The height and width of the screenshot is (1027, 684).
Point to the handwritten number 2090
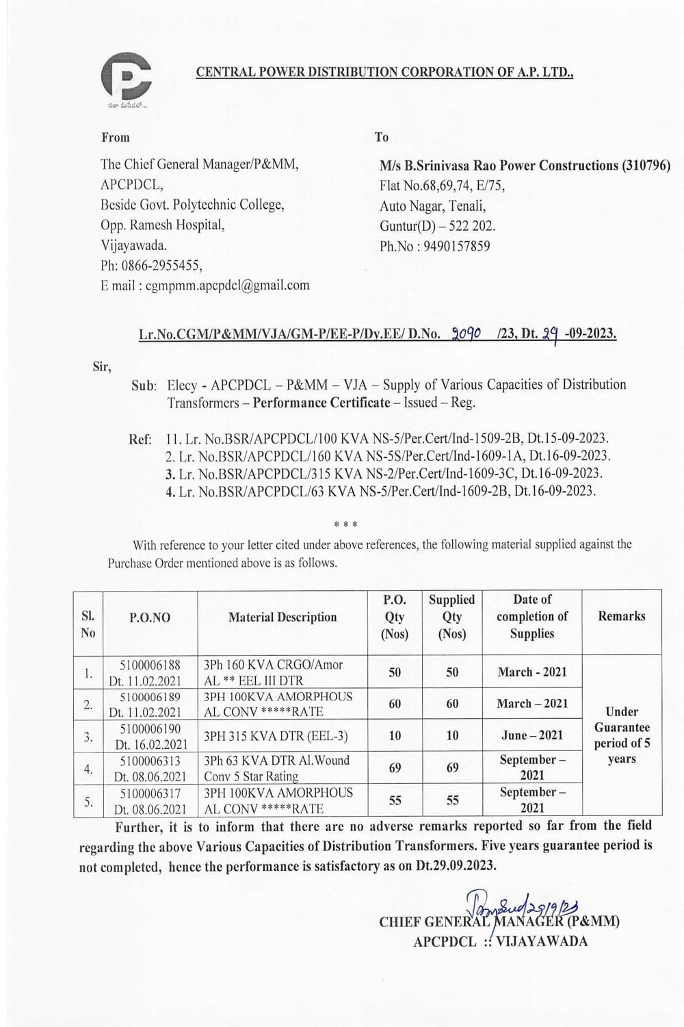click(x=467, y=333)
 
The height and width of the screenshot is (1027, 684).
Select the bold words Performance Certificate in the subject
click(x=321, y=403)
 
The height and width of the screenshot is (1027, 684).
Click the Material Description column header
click(x=282, y=617)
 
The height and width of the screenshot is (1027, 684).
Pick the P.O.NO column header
click(x=150, y=617)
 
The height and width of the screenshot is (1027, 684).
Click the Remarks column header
click(x=621, y=616)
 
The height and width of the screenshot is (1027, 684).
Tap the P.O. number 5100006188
click(x=150, y=664)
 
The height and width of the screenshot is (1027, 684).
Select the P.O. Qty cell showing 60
click(x=395, y=704)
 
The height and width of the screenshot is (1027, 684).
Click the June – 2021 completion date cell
click(x=532, y=735)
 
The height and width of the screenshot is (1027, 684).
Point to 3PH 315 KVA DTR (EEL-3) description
click(x=276, y=736)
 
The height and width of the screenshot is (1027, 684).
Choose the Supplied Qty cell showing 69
click(x=452, y=768)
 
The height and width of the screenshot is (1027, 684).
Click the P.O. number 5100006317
click(x=150, y=793)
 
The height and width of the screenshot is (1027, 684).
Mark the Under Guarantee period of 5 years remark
click(x=622, y=735)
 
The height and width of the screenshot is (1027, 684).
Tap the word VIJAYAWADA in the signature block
click(x=542, y=941)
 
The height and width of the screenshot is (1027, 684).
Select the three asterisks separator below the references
click(x=345, y=525)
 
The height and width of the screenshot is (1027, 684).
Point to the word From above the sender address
click(x=116, y=137)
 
